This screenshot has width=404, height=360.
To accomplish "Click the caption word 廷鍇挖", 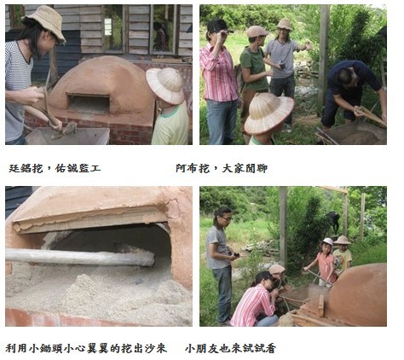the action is (26, 168).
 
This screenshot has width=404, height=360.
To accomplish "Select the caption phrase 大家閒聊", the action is (245, 168).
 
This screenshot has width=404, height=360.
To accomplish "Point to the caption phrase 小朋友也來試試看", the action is (230, 348).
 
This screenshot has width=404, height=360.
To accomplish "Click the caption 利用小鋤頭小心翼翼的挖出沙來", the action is (86, 348).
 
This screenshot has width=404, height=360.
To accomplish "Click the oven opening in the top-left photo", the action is (89, 103).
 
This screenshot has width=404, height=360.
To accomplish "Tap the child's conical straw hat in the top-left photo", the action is (165, 85).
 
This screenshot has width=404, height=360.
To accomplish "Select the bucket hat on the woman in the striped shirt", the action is (45, 22).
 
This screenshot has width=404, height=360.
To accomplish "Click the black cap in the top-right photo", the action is (218, 26).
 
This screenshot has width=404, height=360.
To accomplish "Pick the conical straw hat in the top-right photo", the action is (268, 113).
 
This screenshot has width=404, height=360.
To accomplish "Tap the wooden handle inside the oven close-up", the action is (79, 257).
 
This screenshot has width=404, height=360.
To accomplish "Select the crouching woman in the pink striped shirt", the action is (256, 301).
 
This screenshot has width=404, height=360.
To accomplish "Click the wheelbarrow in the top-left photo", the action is (67, 136).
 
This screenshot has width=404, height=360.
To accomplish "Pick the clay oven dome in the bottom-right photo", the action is (359, 294).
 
